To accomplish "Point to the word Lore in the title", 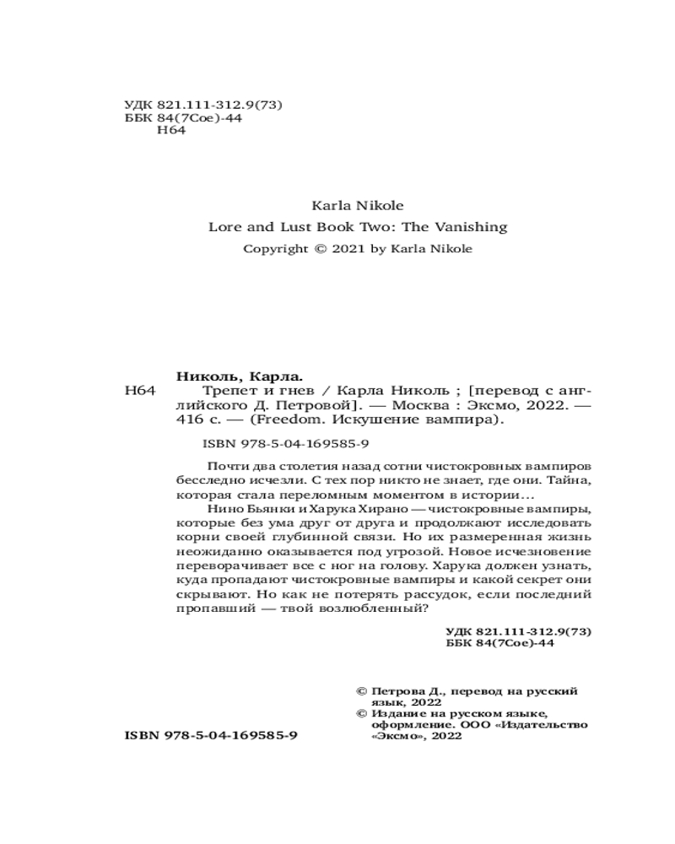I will point(224,227).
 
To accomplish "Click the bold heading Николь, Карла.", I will point(240,376).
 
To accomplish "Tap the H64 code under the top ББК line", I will point(171,133).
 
